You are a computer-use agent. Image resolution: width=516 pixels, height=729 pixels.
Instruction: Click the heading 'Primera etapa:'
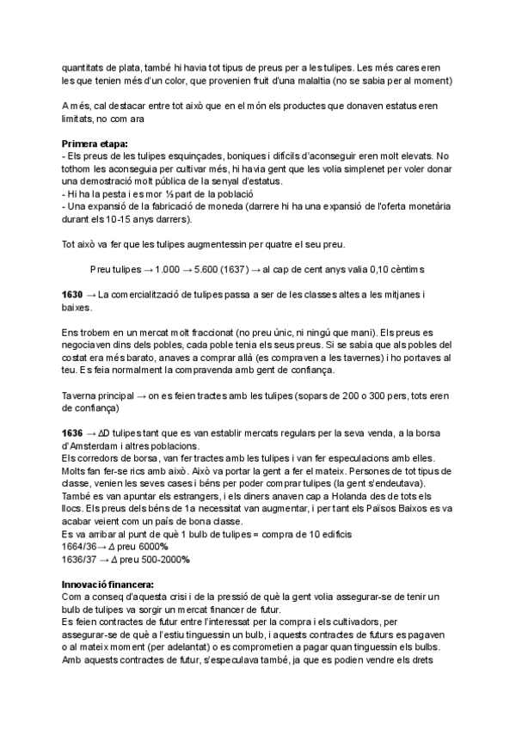[x=95, y=143]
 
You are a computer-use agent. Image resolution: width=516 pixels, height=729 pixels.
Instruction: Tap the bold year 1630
[x=73, y=295]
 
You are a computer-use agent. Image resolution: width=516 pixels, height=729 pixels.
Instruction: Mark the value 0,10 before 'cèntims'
[x=386, y=269]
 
